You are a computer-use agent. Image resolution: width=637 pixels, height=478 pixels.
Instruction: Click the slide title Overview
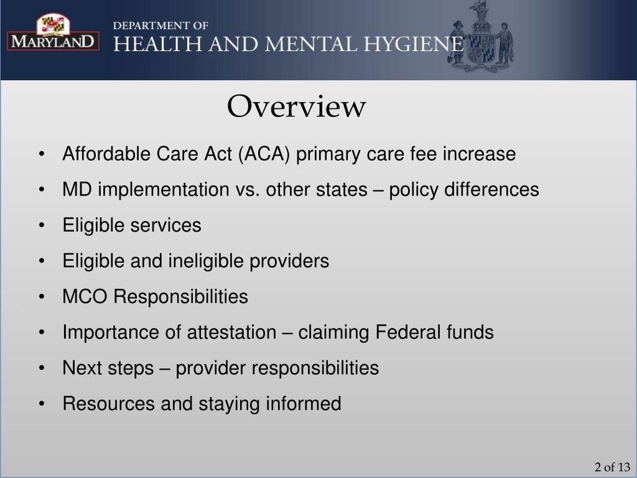(x=296, y=107)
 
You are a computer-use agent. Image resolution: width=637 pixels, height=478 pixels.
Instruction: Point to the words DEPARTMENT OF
(x=161, y=26)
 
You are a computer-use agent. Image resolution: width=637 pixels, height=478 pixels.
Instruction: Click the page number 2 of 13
(x=612, y=467)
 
